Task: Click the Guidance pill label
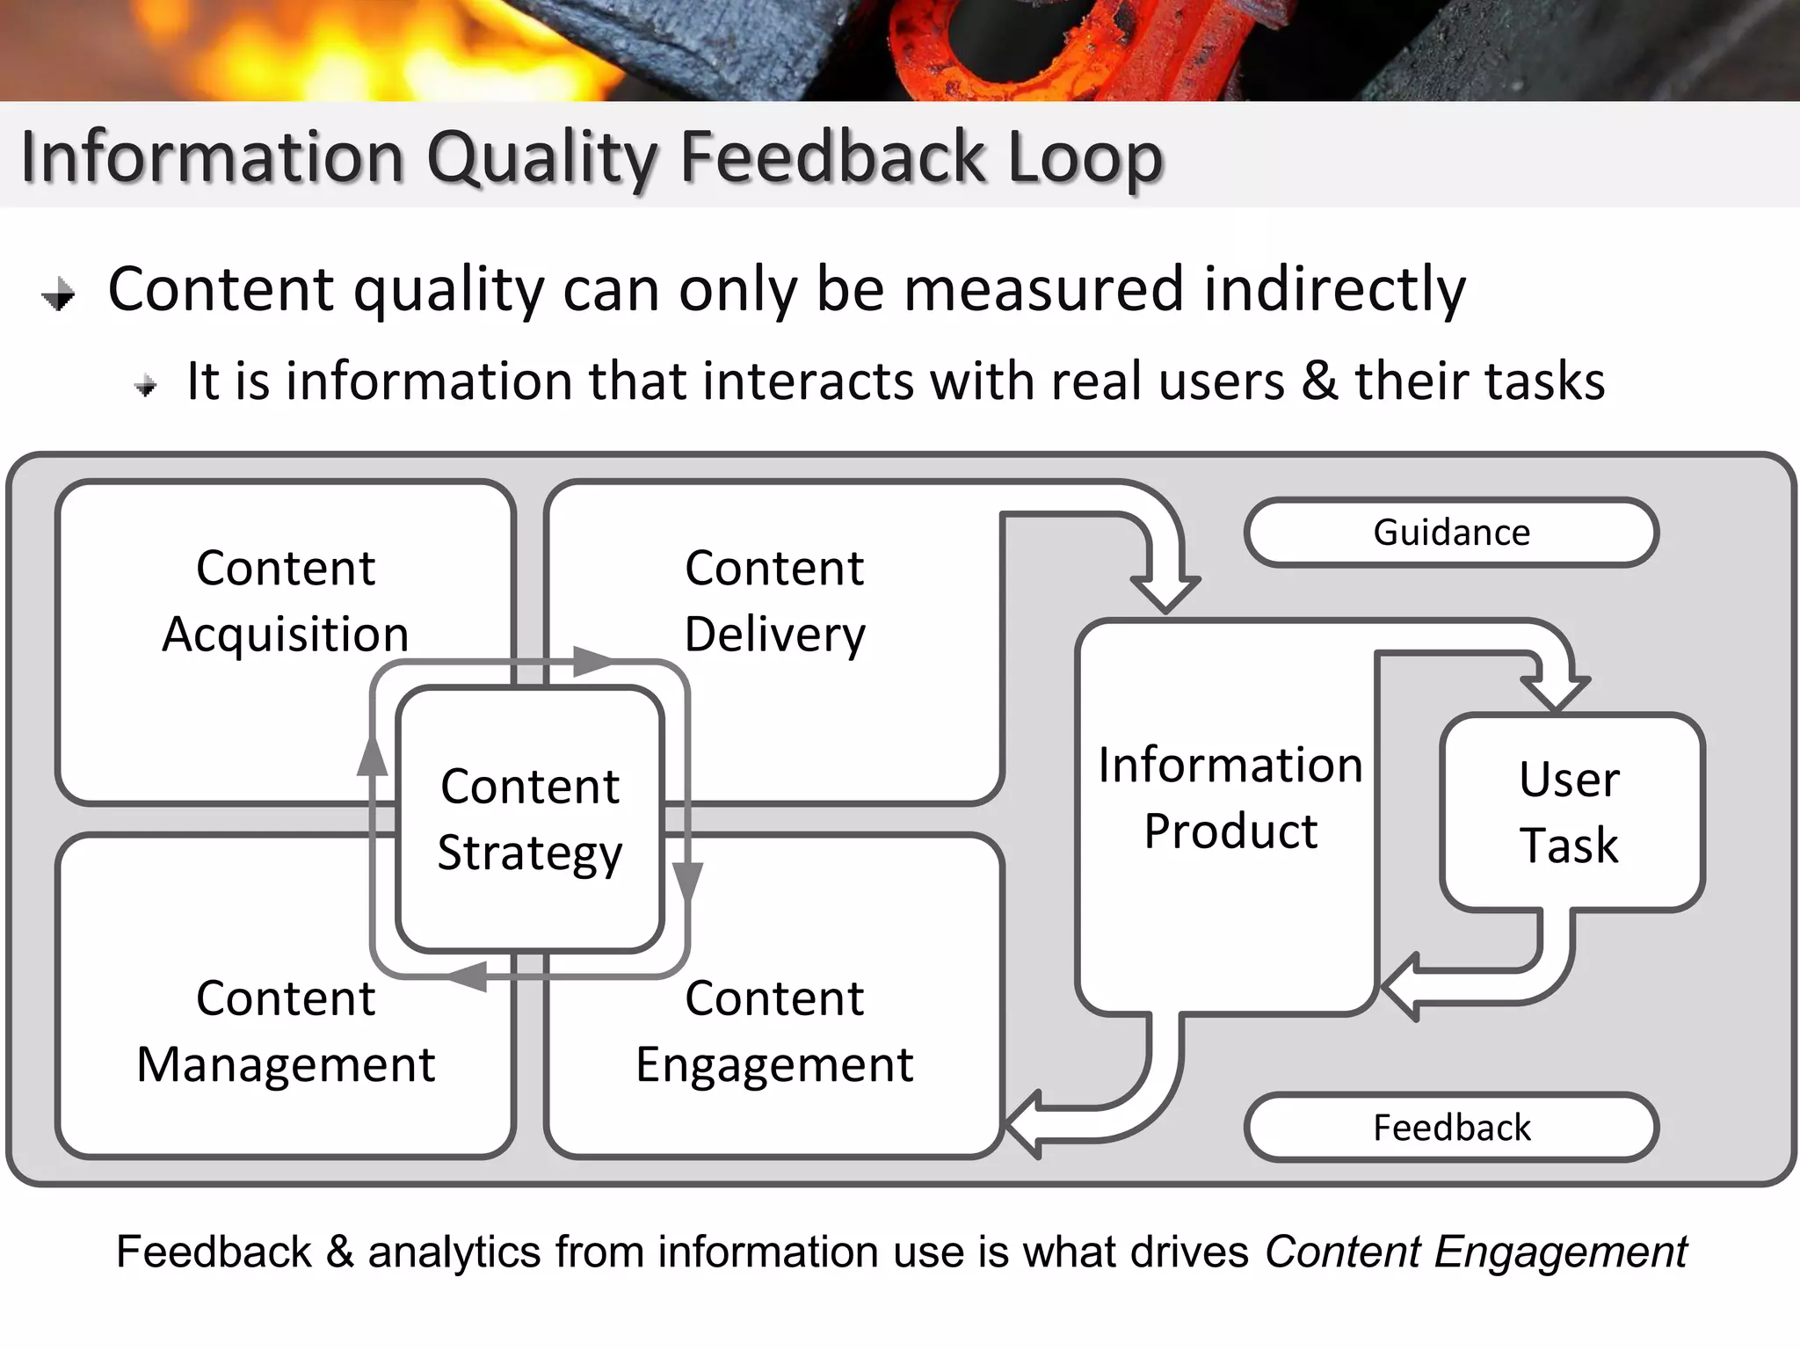[1451, 533]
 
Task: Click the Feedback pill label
[1451, 1128]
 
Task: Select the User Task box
[1571, 812]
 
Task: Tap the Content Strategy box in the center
[530, 819]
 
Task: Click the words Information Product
[1230, 797]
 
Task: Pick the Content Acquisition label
[286, 601]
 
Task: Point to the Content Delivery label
[774, 601]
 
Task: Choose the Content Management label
[286, 1031]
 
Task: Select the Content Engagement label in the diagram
[774, 1031]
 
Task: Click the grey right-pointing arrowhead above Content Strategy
[592, 661]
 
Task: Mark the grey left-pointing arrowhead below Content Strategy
[468, 976]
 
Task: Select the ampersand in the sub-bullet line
[1319, 381]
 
